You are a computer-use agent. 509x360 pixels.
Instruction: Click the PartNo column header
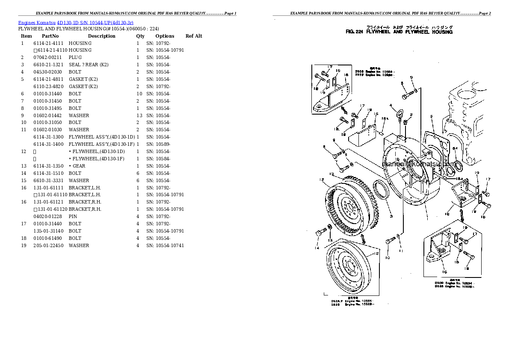(50, 36)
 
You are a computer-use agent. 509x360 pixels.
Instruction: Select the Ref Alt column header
(193, 36)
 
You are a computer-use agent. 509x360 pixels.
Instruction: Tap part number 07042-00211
(47, 57)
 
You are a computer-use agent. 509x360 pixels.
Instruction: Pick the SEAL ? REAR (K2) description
(89, 65)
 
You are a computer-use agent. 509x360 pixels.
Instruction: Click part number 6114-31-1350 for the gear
(48, 166)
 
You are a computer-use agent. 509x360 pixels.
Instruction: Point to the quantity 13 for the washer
(139, 115)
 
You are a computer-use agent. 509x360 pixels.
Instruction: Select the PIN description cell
(73, 217)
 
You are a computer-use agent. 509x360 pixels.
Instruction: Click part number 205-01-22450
(48, 245)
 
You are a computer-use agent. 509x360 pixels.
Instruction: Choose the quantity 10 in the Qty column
(139, 94)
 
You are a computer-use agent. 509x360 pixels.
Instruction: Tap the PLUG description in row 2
(75, 57)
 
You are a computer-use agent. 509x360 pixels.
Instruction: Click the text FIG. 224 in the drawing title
(354, 32)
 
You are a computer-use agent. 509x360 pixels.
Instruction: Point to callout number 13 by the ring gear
(331, 174)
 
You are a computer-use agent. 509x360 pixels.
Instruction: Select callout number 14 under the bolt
(317, 248)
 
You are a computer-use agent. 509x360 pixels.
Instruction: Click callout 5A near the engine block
(455, 148)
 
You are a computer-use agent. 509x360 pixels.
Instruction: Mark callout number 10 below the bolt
(387, 258)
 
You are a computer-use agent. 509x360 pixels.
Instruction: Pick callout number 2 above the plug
(411, 115)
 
